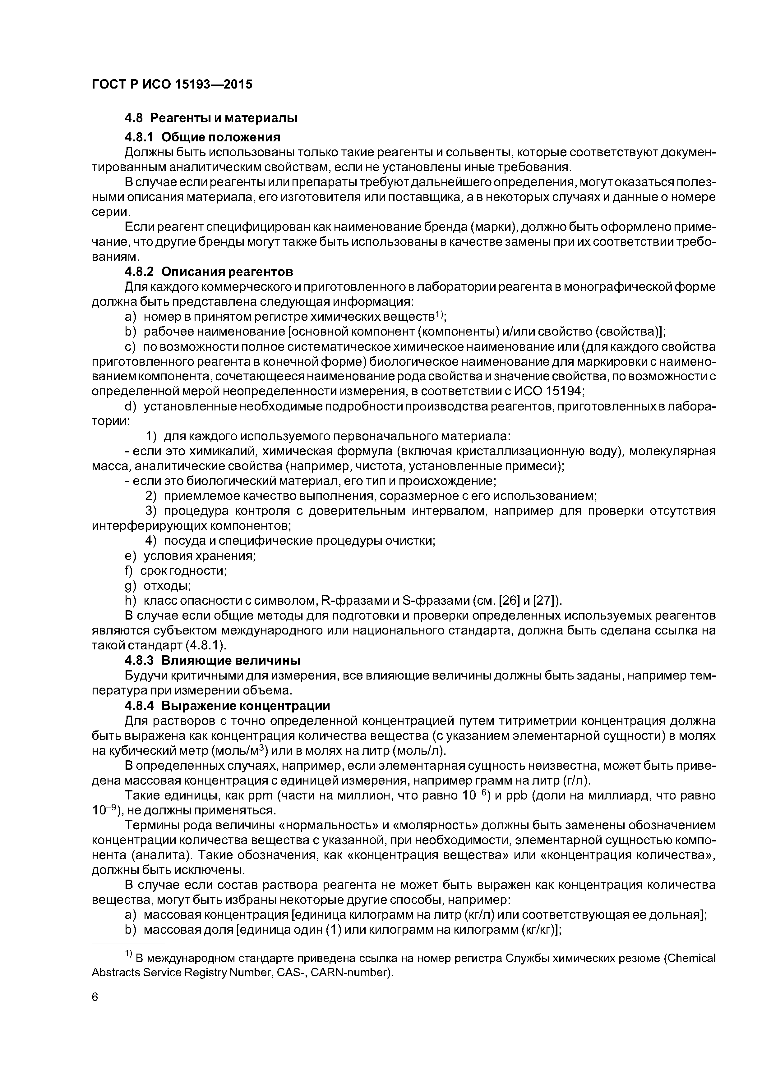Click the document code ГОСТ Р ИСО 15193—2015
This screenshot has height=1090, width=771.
172,85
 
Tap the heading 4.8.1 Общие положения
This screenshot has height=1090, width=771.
202,137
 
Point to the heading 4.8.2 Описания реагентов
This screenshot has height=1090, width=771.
209,272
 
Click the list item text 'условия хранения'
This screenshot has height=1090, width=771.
200,556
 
